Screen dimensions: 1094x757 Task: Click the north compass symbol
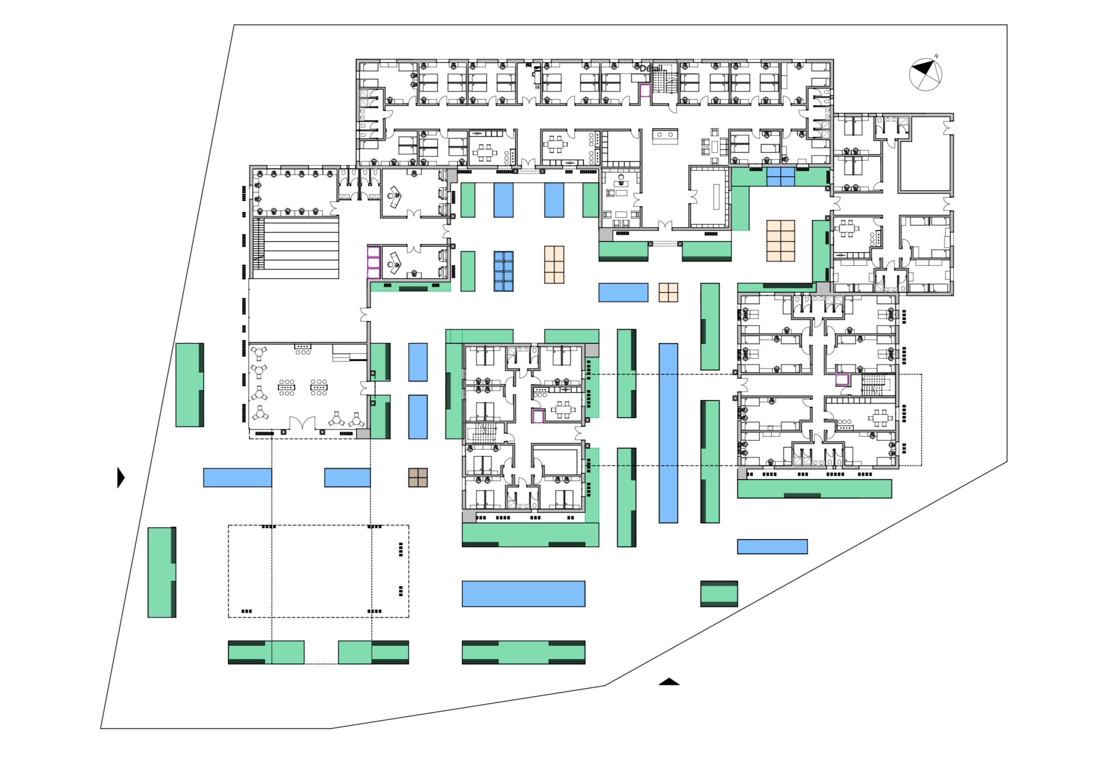[925, 74]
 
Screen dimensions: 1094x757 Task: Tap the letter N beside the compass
[936, 56]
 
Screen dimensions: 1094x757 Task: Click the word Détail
[650, 69]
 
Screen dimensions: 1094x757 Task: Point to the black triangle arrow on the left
[121, 478]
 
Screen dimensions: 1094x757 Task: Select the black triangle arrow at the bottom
[669, 681]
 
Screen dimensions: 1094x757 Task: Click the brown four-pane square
[418, 478]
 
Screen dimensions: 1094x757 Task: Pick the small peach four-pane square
[668, 292]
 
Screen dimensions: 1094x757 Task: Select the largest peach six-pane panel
[780, 241]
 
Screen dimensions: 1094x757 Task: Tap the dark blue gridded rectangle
[504, 271]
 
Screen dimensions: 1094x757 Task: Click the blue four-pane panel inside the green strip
[780, 177]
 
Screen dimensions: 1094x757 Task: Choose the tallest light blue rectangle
[669, 433]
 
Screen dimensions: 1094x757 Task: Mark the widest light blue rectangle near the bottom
[524, 594]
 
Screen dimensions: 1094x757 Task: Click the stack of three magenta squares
[374, 262]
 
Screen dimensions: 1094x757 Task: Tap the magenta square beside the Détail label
[645, 90]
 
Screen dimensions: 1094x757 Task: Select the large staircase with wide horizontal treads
[296, 248]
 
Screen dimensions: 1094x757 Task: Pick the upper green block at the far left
[190, 385]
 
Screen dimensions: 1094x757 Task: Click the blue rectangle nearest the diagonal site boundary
[772, 547]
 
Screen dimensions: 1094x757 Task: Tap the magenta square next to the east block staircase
[842, 380]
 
